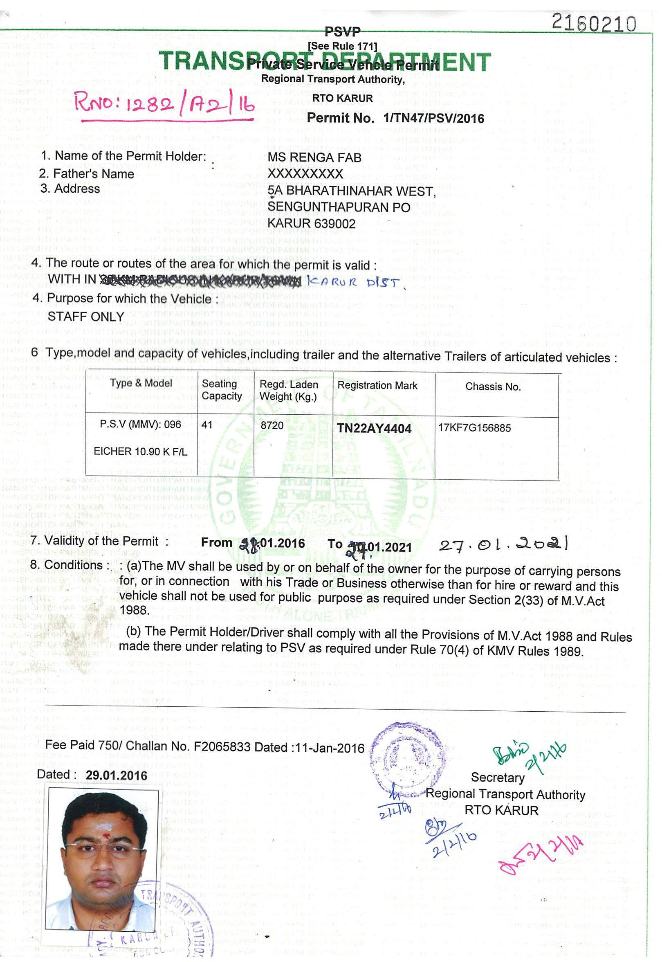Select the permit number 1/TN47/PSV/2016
[433, 119]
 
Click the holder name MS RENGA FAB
[314, 157]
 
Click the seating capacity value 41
[207, 425]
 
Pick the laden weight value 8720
[272, 425]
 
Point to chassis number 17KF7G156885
[474, 428]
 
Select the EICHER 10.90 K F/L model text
[140, 451]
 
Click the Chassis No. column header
[492, 387]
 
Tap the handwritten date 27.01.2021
[503, 544]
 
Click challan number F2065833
[222, 747]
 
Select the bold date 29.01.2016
[117, 775]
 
